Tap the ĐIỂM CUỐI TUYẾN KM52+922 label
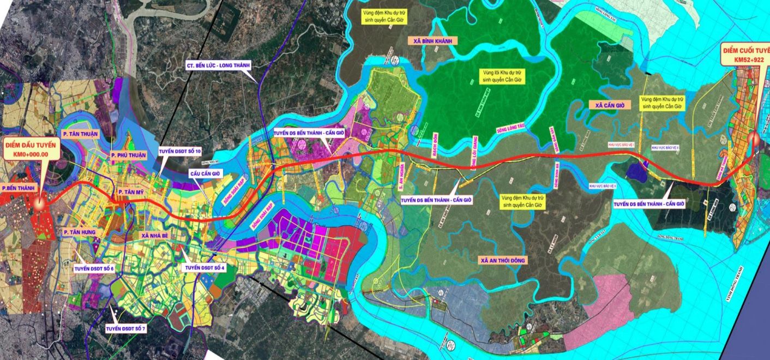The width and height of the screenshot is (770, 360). pyautogui.click(x=745, y=53)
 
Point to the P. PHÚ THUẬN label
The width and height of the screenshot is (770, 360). pyautogui.click(x=129, y=155)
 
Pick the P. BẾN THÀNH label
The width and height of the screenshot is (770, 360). pyautogui.click(x=19, y=188)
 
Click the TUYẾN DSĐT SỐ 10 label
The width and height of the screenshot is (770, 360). pyautogui.click(x=180, y=151)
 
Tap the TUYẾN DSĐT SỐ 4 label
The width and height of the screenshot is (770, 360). pyautogui.click(x=205, y=268)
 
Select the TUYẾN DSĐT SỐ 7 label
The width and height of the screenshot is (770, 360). pyautogui.click(x=127, y=328)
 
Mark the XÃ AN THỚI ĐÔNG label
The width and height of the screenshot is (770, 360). pyautogui.click(x=502, y=260)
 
